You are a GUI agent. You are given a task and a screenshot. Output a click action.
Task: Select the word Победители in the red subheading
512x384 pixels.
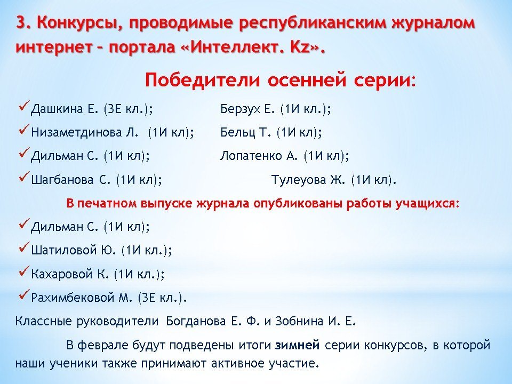pyautogui.click(x=203, y=81)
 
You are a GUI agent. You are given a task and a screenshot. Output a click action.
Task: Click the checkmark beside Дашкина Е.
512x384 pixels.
pyautogui.click(x=25, y=106)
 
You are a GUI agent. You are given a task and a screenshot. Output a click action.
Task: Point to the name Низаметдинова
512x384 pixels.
pyautogui.click(x=85, y=133)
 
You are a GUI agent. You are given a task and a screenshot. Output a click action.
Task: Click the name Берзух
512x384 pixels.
pyautogui.click(x=241, y=109)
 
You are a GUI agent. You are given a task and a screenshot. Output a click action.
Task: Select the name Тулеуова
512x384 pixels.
pyautogui.click(x=299, y=180)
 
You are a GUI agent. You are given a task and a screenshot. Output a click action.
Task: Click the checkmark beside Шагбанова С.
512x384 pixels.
pyautogui.click(x=25, y=177)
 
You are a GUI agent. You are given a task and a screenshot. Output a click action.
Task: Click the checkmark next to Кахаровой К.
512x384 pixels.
pyautogui.click(x=25, y=271)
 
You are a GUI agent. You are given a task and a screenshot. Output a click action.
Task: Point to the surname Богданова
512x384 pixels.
pyautogui.click(x=196, y=321)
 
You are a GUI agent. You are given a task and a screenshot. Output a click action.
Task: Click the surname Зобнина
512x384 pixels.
pyautogui.click(x=299, y=321)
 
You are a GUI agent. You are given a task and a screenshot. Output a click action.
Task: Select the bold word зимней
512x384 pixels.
pyautogui.click(x=298, y=345)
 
